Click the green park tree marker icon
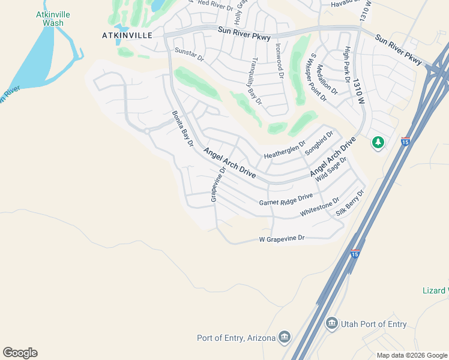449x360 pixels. coord(378,143)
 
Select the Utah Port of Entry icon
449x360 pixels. coord(331,324)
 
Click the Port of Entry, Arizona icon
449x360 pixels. coord(285,338)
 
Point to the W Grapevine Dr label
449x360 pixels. coord(282,239)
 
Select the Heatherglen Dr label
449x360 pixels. coord(285,150)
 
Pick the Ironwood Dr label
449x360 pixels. coord(279,61)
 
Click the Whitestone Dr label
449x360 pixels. coord(319,208)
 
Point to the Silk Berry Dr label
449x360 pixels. coord(351,202)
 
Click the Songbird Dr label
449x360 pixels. coord(319,143)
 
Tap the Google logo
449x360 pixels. coord(20,353)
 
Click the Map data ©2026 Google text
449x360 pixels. coord(411,355)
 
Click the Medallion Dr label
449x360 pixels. coord(327,79)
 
